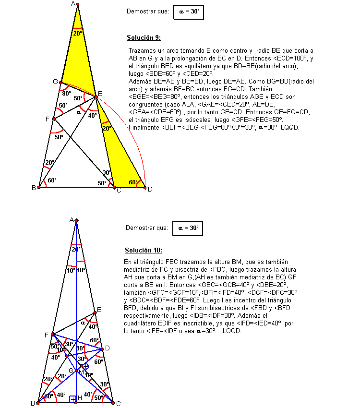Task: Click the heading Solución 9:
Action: (x=144, y=37)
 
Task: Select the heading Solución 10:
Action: (x=144, y=250)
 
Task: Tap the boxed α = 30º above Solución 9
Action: (x=189, y=12)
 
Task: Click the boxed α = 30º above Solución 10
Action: (x=188, y=228)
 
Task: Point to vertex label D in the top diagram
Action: (x=150, y=189)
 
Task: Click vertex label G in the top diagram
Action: (x=55, y=82)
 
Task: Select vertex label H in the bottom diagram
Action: (x=80, y=398)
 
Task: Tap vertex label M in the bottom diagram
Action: (x=81, y=372)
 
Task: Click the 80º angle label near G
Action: (x=66, y=93)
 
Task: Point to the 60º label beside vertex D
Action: (x=134, y=182)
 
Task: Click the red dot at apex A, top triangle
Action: (x=78, y=4)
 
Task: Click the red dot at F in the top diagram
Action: (x=54, y=119)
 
